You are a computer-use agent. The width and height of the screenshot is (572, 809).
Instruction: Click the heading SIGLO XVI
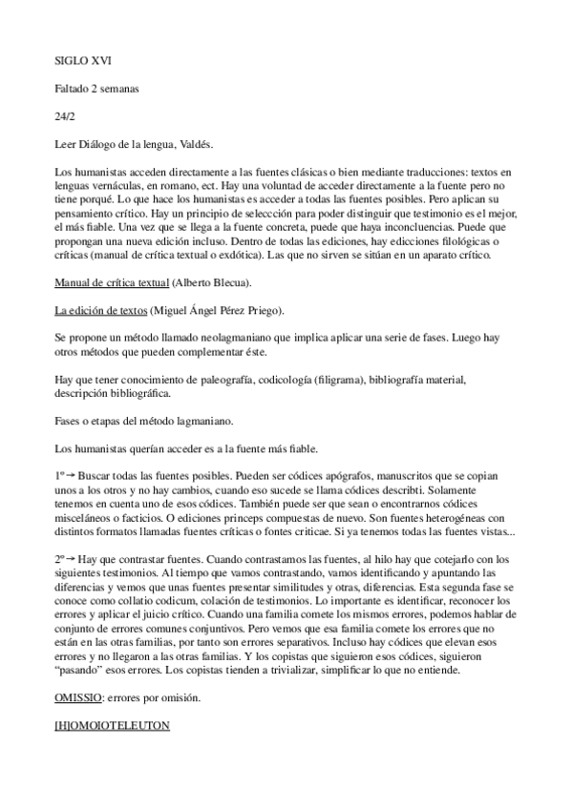(83, 60)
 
